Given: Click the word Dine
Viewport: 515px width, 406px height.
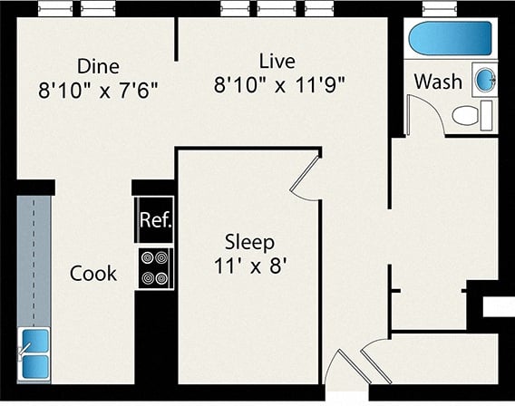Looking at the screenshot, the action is click(x=98, y=66).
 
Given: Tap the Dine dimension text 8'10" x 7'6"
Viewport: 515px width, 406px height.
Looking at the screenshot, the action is click(x=98, y=90).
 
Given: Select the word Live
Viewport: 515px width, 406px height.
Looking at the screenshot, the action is click(x=277, y=62).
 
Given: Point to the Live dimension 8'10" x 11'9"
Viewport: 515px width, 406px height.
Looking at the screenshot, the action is click(x=280, y=84).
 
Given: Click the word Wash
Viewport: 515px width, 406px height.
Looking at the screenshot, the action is click(x=438, y=82).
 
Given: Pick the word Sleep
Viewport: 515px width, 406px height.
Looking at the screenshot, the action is click(x=249, y=243).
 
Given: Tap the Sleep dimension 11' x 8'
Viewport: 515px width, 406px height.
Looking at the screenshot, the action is click(x=251, y=266).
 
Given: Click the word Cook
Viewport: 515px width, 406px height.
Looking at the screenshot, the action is click(x=93, y=274).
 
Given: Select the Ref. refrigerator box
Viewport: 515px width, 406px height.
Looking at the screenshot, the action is click(x=154, y=219).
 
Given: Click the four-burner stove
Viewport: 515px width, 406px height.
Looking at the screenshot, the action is click(x=155, y=268).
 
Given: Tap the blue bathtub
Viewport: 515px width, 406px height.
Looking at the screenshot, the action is click(x=450, y=38).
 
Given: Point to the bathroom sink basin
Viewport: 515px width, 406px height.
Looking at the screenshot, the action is click(x=485, y=80).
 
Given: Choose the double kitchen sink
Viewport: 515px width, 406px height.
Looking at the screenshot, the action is click(x=34, y=354).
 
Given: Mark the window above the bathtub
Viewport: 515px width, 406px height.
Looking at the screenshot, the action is click(x=440, y=8).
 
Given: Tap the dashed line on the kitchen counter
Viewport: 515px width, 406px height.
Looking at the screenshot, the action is click(x=34, y=259).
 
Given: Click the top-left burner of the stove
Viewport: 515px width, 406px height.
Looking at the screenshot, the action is click(x=148, y=257).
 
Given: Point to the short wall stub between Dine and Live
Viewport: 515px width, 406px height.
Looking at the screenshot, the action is click(x=176, y=39).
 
